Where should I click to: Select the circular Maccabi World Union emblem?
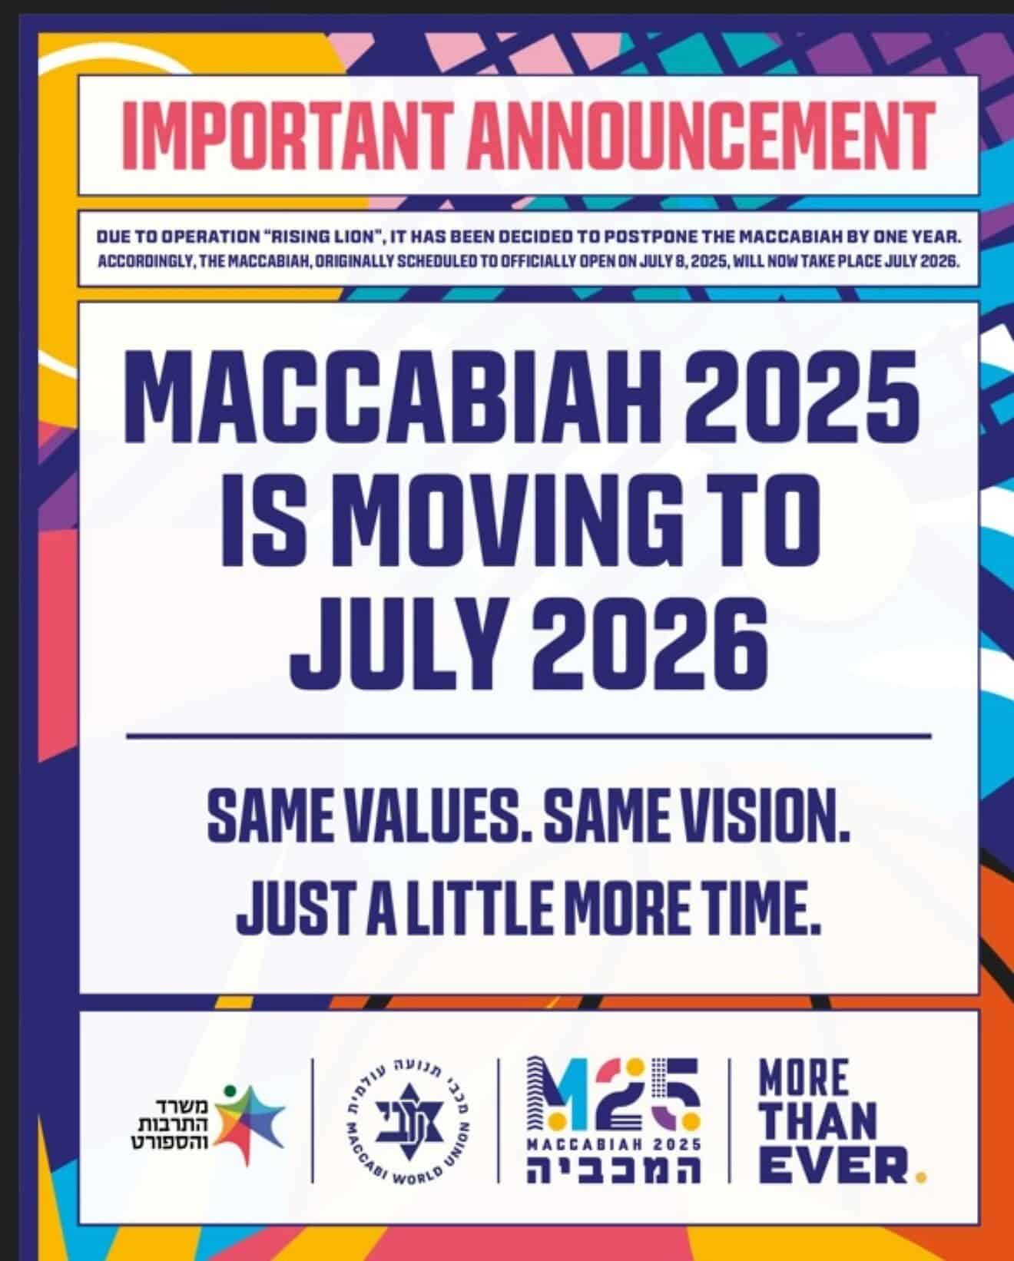click(409, 1119)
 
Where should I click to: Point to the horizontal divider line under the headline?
click(528, 736)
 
